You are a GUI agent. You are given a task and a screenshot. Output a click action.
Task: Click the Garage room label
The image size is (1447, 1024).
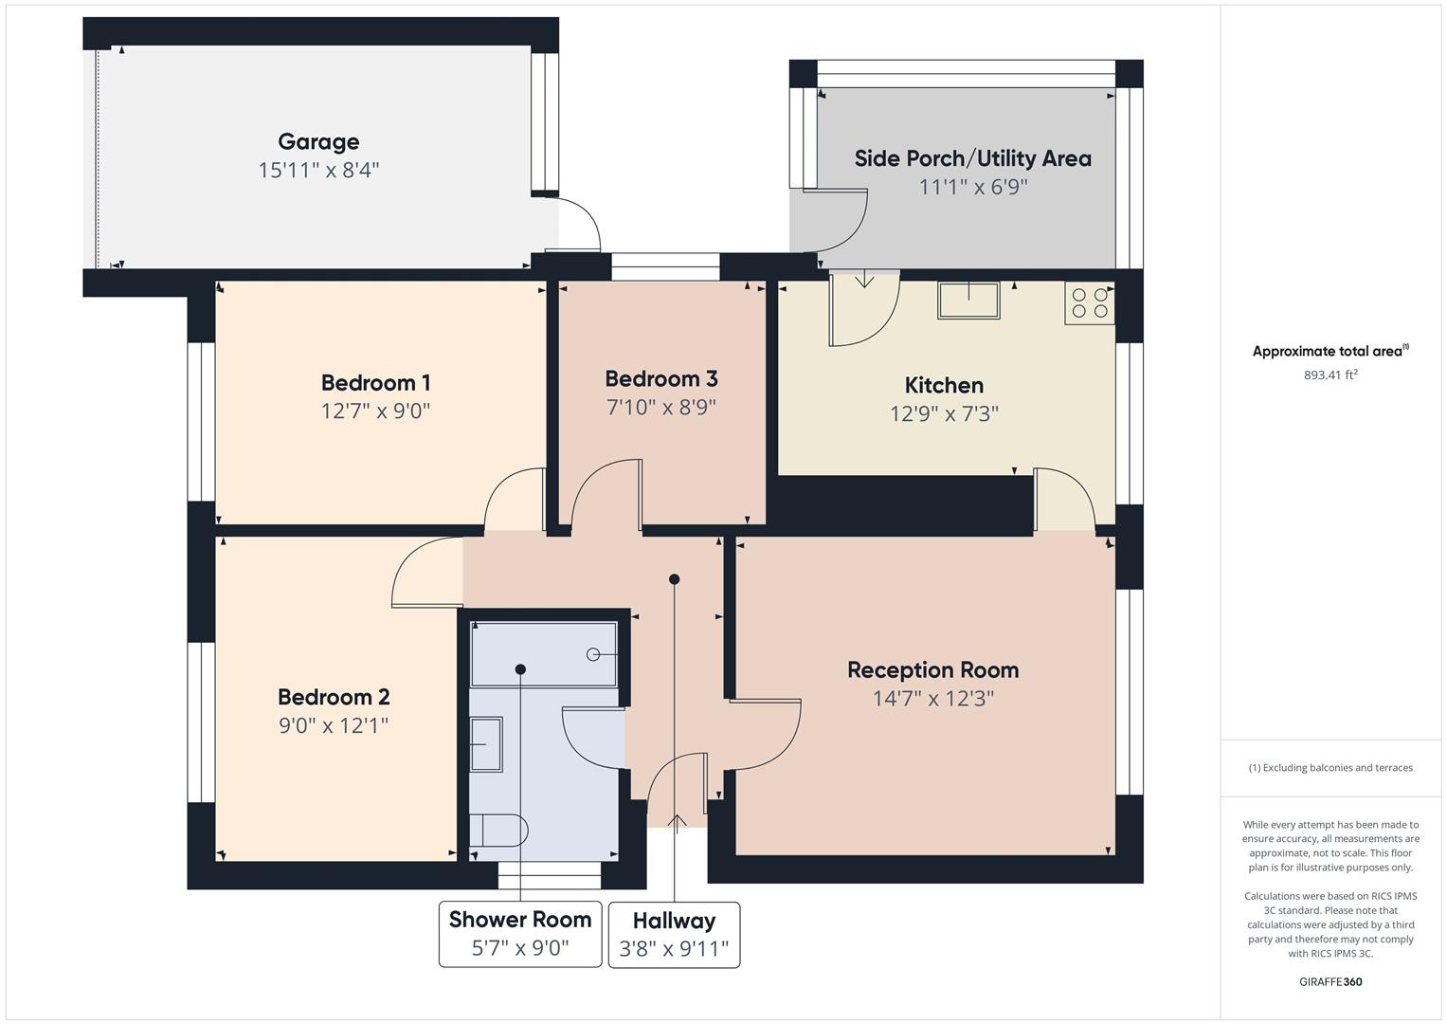click(318, 142)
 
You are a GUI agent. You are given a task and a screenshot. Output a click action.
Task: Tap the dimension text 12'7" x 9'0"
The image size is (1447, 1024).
click(375, 411)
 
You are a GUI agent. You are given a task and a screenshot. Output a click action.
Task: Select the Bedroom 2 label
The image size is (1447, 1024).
click(334, 698)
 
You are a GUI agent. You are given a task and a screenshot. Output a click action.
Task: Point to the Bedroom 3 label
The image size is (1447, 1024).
click(660, 379)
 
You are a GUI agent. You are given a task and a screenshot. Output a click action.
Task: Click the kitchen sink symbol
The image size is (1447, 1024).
click(968, 300)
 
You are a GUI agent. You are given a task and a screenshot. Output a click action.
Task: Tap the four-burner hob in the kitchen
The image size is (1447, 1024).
click(1089, 302)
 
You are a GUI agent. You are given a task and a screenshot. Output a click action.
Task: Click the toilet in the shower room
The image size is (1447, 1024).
click(498, 831)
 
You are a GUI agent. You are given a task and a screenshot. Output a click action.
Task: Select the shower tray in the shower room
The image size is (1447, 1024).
click(544, 654)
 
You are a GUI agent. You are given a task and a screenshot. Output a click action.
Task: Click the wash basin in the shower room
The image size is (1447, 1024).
click(486, 744)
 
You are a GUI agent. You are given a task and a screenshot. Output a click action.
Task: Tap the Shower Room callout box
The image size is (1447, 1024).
click(520, 934)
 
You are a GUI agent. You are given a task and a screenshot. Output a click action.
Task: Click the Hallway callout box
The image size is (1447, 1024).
click(674, 935)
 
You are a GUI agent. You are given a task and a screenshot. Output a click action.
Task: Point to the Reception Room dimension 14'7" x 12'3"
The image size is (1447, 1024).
click(932, 699)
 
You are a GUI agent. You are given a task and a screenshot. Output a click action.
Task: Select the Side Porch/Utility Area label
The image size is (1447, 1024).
click(972, 158)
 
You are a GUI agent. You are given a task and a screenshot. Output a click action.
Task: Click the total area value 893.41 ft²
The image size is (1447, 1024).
click(1330, 375)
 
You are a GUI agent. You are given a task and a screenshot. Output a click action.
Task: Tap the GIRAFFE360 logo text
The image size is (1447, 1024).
click(1330, 981)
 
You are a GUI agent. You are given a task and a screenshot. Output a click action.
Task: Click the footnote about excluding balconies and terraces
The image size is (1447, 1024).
click(1330, 768)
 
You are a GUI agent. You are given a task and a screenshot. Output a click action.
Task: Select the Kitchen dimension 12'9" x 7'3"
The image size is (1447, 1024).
click(944, 414)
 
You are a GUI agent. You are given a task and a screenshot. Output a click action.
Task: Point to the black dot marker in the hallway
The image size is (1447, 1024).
click(674, 579)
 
